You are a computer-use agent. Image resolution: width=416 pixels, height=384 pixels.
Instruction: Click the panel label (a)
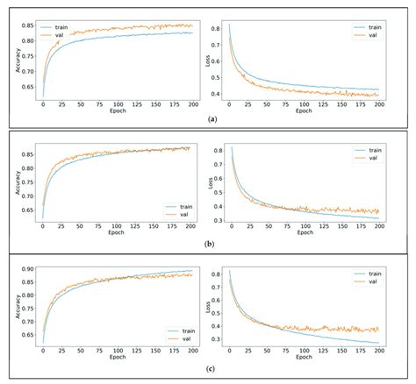(208, 117)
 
